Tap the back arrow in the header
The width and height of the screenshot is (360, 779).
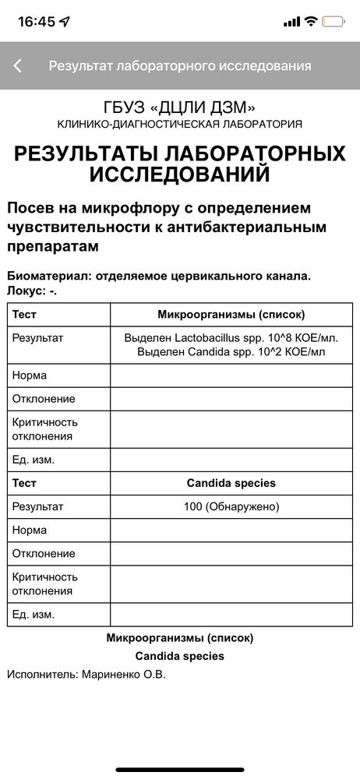coord(18,66)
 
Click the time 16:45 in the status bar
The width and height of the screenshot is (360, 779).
coord(37,21)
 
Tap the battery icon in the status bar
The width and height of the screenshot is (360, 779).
coord(334,21)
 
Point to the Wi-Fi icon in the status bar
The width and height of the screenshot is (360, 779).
coord(311,21)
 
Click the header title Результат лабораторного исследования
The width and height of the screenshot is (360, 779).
coord(180,66)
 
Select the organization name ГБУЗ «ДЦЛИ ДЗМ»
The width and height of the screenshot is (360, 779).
coord(180,108)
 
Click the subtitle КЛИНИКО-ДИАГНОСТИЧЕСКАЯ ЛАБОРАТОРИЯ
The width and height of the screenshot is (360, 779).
coord(180,124)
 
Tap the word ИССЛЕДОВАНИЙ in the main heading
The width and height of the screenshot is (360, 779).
coord(180,174)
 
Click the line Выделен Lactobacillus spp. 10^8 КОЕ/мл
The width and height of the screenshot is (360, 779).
coord(231,338)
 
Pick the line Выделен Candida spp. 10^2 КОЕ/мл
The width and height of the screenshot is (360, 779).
coord(231,352)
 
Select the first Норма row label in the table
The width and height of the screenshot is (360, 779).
coord(30,375)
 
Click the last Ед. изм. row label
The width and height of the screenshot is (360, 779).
coord(34,614)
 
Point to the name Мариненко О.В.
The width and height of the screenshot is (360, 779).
coord(124,674)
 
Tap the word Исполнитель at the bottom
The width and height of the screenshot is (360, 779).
coord(42,674)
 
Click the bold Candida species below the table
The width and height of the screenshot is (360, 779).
coord(180,656)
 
